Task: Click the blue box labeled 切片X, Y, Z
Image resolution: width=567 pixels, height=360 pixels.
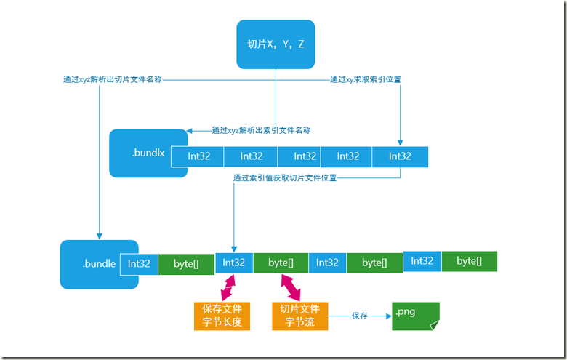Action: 276,44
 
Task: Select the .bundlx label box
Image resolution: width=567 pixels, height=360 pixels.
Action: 148,153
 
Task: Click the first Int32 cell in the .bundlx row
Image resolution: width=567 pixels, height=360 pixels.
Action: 198,156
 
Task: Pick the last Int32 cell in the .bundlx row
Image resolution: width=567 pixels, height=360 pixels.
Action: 400,156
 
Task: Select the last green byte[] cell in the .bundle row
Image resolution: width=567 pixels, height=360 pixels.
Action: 469,261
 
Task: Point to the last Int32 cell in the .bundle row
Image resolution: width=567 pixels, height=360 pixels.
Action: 422,261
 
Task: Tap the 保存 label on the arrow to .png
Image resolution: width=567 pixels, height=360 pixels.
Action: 359,316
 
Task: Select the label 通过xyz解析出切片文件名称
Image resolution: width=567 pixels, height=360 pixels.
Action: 111,79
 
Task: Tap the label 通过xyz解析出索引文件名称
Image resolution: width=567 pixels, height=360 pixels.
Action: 261,131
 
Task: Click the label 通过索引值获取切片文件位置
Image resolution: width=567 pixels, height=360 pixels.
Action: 285,177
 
